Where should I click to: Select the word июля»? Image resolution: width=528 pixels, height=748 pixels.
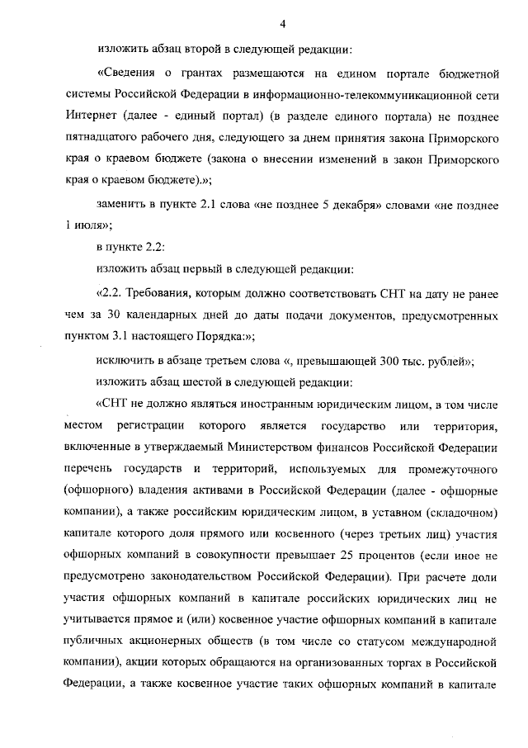click(92, 224)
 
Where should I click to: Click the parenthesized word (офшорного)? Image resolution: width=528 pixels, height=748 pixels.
click(96, 489)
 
